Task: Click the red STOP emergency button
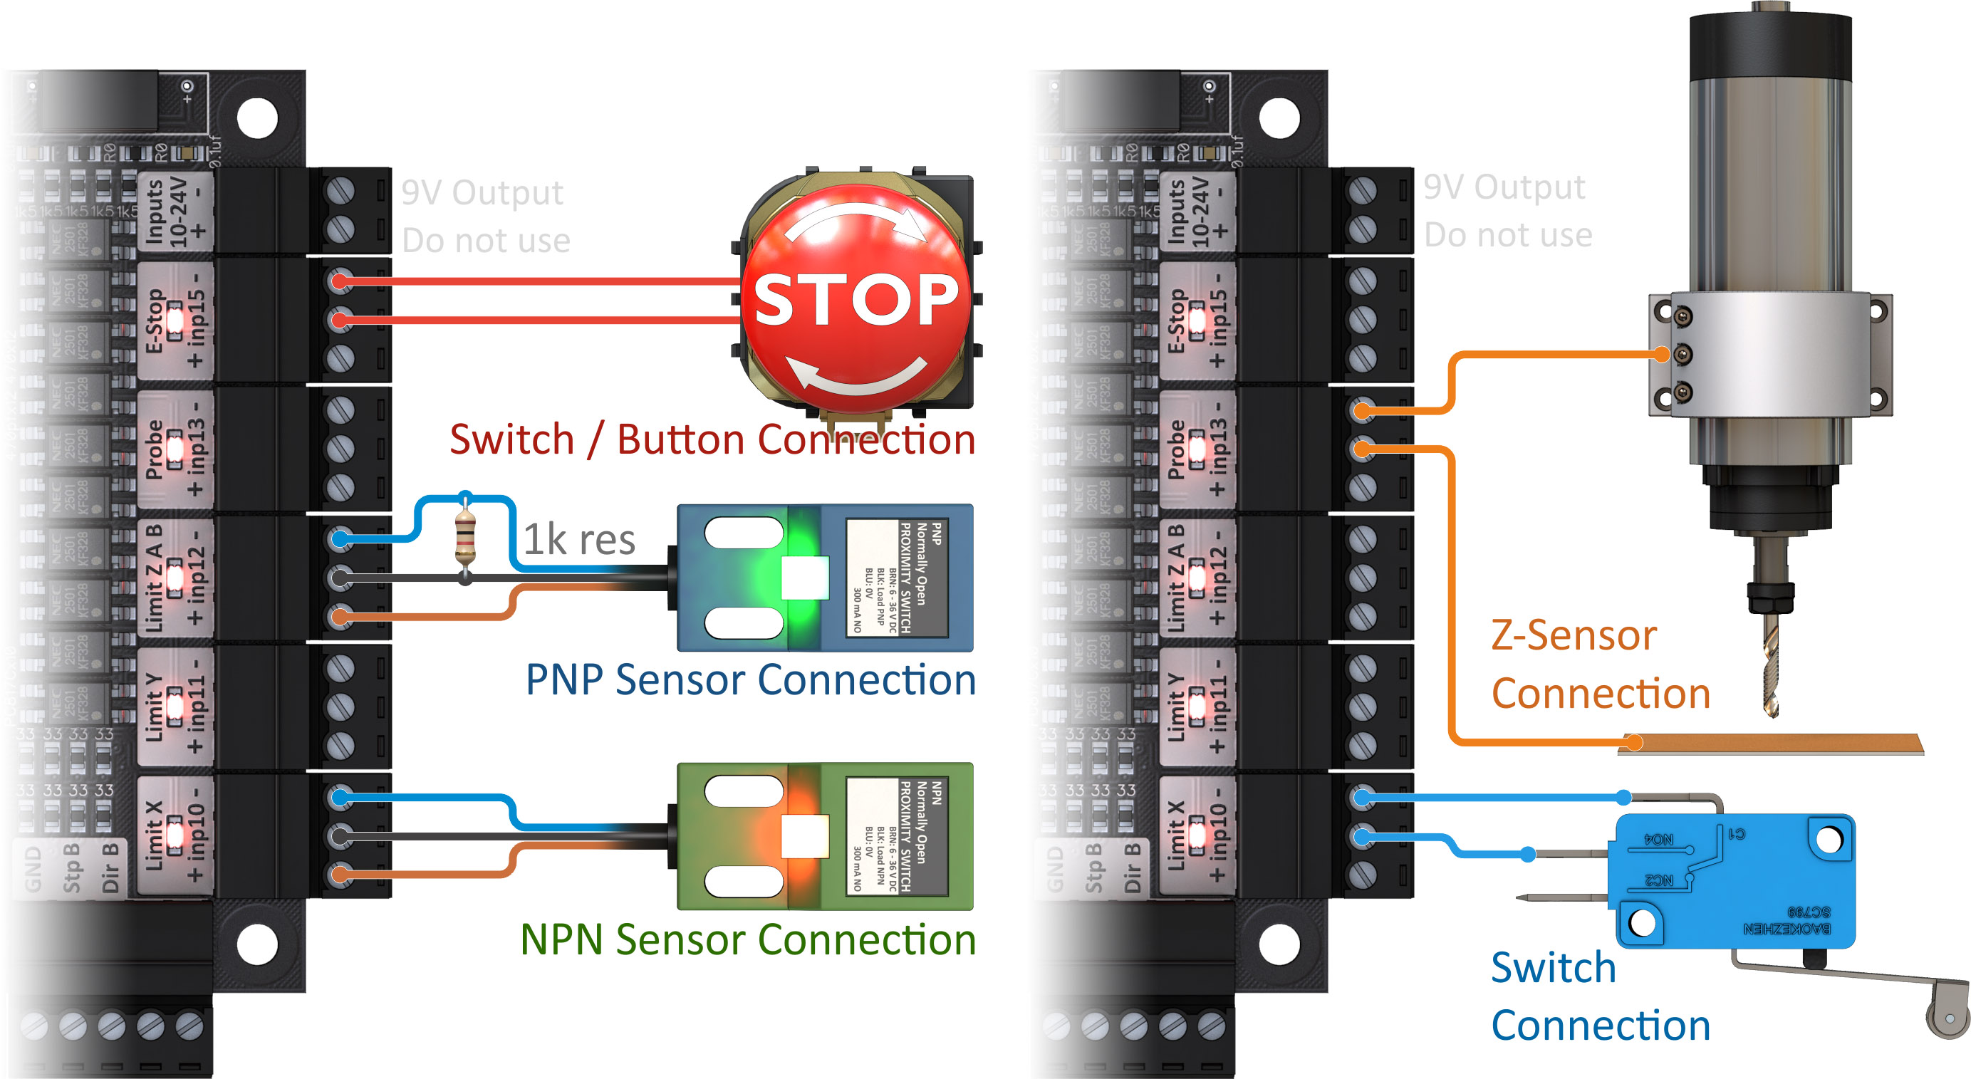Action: click(856, 298)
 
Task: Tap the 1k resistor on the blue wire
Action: click(465, 537)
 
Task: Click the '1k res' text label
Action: click(579, 540)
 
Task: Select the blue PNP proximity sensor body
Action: click(825, 578)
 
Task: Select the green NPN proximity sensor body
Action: click(825, 835)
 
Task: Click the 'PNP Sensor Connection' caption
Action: click(750, 679)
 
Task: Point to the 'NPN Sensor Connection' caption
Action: click(747, 939)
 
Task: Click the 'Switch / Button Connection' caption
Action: click(712, 439)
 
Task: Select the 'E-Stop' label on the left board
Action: click(155, 320)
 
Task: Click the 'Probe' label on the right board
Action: click(1176, 449)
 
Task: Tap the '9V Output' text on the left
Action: click(482, 192)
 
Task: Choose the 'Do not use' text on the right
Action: click(1507, 235)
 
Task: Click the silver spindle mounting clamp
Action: click(1769, 353)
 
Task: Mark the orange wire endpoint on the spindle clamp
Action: click(1660, 354)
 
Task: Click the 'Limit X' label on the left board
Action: click(155, 835)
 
